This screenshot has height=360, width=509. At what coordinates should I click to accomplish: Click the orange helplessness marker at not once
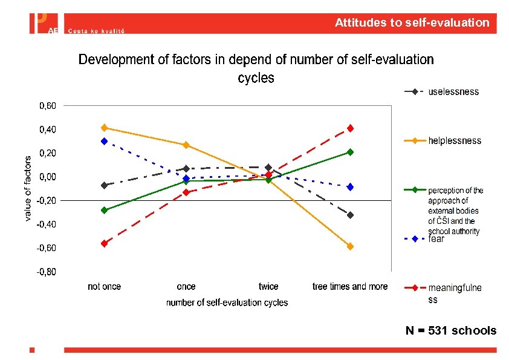coord(104,128)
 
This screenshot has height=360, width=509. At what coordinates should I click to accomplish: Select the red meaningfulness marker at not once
coord(104,243)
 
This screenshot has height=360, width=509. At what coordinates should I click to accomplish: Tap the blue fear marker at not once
coord(104,141)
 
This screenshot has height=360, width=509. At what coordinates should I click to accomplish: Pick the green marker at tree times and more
coord(350,152)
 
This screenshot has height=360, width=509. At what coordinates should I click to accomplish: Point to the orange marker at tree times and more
coord(350,246)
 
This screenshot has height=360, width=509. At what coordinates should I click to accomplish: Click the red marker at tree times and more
coord(350,128)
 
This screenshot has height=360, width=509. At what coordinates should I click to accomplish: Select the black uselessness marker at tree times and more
coord(350,215)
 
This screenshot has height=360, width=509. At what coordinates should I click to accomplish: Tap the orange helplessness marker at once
coord(186,145)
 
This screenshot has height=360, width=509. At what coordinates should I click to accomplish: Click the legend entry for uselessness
coord(453,92)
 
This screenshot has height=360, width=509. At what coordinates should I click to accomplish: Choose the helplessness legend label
coord(455,140)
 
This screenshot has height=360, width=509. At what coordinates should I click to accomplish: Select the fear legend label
coord(436,239)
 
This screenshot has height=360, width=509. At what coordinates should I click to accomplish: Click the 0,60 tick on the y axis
coord(48,105)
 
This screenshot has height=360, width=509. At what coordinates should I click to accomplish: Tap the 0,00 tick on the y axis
coord(48,177)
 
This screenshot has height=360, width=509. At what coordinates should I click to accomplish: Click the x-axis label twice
coord(268,286)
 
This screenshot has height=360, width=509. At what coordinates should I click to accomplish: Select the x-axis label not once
coord(104,286)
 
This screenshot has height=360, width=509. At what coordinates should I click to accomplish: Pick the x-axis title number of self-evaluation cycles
coord(227,302)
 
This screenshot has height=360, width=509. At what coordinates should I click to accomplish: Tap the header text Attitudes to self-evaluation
coord(412,22)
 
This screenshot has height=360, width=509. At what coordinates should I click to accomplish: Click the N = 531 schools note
coord(450,330)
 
